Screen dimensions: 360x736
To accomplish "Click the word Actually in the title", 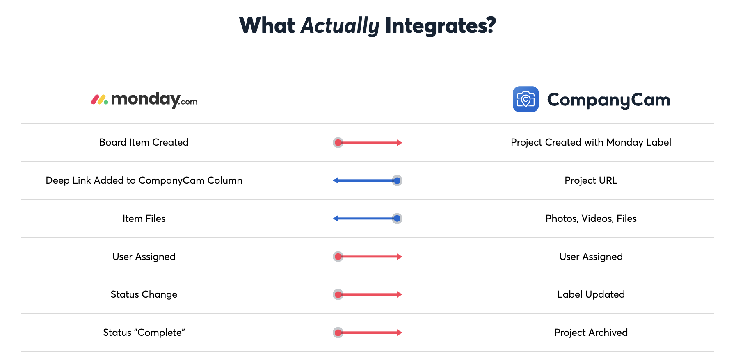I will point(340,25).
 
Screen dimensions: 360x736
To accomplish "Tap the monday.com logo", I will point(144,100).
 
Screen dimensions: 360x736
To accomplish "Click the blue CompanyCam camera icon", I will point(526,99).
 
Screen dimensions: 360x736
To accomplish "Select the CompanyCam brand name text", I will point(608,100).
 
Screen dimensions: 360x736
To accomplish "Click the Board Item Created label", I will point(144,142).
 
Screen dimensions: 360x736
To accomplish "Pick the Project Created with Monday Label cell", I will point(591,142).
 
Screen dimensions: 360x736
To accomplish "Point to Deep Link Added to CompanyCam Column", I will point(144,180).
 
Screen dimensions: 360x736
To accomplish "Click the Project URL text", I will point(591,180).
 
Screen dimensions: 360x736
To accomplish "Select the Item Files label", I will point(144,219).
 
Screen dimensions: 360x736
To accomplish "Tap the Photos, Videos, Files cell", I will point(591,219).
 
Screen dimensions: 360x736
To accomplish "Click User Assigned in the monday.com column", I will point(144,257).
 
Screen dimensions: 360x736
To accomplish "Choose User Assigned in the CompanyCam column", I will point(591,257).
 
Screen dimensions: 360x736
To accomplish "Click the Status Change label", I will point(144,294).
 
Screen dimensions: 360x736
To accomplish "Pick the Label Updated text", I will point(591,294).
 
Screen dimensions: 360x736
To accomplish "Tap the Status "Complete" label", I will point(144,333).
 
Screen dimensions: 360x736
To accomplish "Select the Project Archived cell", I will point(591,333).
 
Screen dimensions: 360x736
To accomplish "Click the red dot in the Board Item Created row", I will point(338,143).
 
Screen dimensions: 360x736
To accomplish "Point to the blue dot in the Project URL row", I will point(397,180).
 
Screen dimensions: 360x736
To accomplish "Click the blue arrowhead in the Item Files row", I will point(336,219).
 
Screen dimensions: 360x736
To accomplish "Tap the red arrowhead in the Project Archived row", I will point(400,333).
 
